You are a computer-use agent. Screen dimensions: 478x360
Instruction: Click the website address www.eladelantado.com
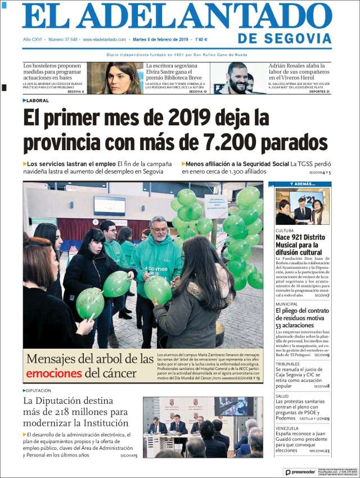coord(104,39)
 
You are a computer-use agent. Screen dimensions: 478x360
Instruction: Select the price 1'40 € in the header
coord(201,39)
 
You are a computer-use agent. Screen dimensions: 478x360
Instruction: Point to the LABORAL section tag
coord(38,100)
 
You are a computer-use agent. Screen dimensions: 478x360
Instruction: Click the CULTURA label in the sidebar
coord(285,231)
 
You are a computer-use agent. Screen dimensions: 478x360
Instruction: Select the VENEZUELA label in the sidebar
coord(287,428)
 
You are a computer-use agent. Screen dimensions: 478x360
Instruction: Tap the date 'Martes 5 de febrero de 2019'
coord(160,39)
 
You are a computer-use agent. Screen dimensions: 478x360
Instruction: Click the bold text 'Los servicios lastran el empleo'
coord(71,164)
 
